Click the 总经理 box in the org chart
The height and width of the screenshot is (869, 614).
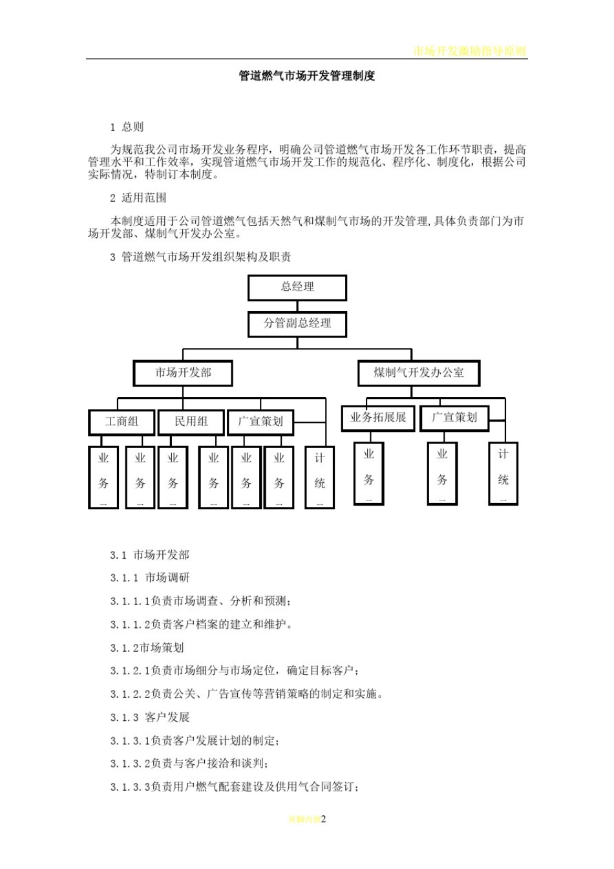click(x=297, y=287)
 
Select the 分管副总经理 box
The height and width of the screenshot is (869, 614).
click(x=297, y=324)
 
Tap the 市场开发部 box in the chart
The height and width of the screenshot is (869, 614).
click(x=183, y=373)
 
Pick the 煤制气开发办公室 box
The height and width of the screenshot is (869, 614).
click(x=419, y=373)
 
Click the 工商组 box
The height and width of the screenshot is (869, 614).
click(x=122, y=422)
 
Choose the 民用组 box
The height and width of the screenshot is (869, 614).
click(x=191, y=422)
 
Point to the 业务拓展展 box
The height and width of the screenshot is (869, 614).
click(x=378, y=418)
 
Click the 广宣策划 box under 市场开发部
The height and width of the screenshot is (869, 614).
click(x=260, y=422)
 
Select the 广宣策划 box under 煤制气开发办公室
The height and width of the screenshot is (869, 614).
click(x=454, y=418)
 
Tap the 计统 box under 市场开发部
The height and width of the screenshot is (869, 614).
click(x=319, y=477)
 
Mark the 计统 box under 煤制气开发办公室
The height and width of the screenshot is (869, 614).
click(x=503, y=473)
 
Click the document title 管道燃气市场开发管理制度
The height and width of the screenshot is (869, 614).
click(x=307, y=76)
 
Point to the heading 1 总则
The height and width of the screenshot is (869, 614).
click(x=127, y=127)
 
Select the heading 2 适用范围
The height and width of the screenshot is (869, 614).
click(x=138, y=198)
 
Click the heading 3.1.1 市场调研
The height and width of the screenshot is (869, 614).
click(x=150, y=578)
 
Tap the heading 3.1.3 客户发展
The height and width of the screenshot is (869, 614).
click(x=150, y=718)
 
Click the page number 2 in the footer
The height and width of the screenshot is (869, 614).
click(x=324, y=819)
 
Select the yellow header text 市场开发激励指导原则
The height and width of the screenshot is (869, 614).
click(x=470, y=51)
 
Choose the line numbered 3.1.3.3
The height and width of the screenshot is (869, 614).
click(x=235, y=788)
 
